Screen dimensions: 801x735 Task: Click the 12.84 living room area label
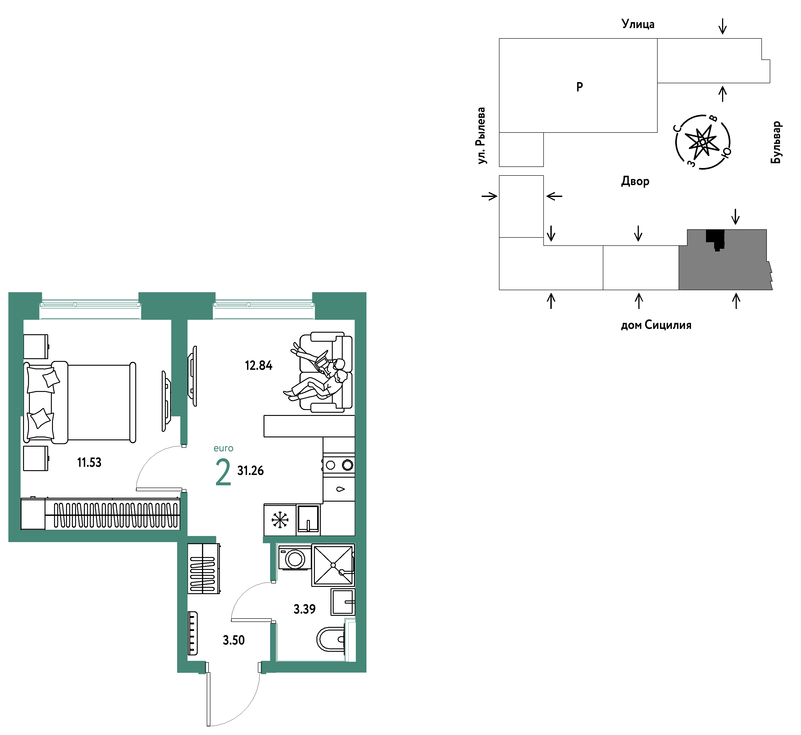259,365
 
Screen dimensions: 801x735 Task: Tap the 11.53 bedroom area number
89,462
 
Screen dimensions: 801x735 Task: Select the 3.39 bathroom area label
304,609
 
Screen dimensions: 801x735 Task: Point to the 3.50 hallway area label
233,640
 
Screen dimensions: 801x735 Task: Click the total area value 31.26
251,471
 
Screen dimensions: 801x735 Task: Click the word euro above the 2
223,449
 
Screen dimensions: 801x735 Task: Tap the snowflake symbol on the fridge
280,520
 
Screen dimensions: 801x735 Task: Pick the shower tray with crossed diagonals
333,565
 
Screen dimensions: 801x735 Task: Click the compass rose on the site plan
703,142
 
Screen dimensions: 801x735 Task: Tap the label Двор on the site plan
635,181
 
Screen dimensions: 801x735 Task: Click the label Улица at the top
638,24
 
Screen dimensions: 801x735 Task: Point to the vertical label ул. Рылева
481,136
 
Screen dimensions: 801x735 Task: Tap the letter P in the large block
580,86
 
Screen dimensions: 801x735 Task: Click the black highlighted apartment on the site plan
715,239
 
